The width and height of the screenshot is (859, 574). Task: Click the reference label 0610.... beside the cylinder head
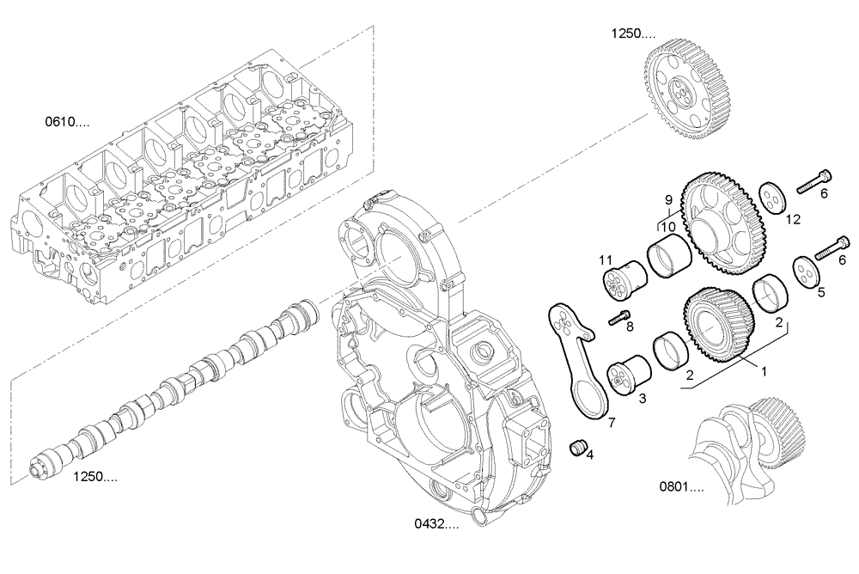(x=67, y=122)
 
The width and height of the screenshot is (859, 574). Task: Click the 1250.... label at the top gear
(x=633, y=34)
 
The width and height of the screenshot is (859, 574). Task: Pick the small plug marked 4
(x=579, y=448)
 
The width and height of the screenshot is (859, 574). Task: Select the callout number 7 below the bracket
(x=612, y=423)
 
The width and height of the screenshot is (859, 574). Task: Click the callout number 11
(x=605, y=259)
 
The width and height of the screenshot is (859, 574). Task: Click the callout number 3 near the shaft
(x=642, y=399)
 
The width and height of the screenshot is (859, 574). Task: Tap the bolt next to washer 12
(x=814, y=182)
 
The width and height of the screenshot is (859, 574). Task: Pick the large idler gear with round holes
(x=721, y=221)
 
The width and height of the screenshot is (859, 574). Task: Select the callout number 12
(x=791, y=219)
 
